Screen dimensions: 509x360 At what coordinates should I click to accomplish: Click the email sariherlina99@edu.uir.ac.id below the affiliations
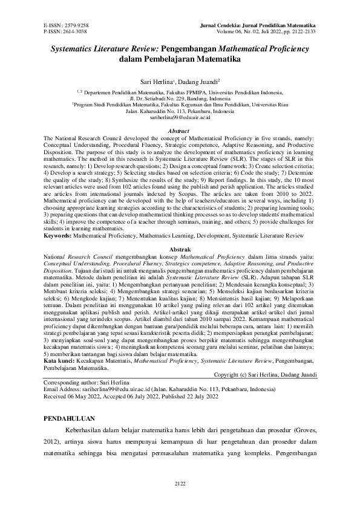click(180, 118)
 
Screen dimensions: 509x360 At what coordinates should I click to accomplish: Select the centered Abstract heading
click(180, 131)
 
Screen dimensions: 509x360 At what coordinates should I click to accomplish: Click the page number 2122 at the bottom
click(180, 483)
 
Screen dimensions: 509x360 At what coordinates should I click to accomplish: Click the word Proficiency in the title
click(281, 48)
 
